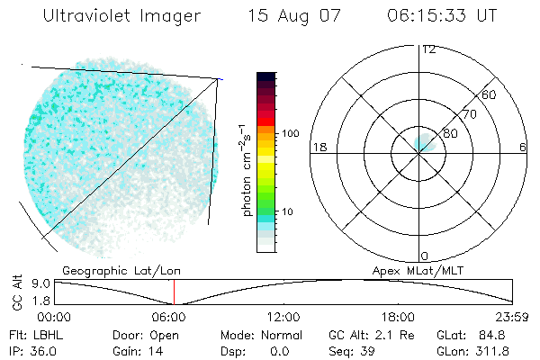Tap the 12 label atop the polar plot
(x=428, y=49)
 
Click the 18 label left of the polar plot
(x=318, y=147)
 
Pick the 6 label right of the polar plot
(x=523, y=147)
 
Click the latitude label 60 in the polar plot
(x=490, y=94)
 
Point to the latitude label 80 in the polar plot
(x=452, y=133)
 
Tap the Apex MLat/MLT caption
(x=410, y=269)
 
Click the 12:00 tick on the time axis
(x=283, y=317)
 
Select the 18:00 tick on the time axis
(x=398, y=317)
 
